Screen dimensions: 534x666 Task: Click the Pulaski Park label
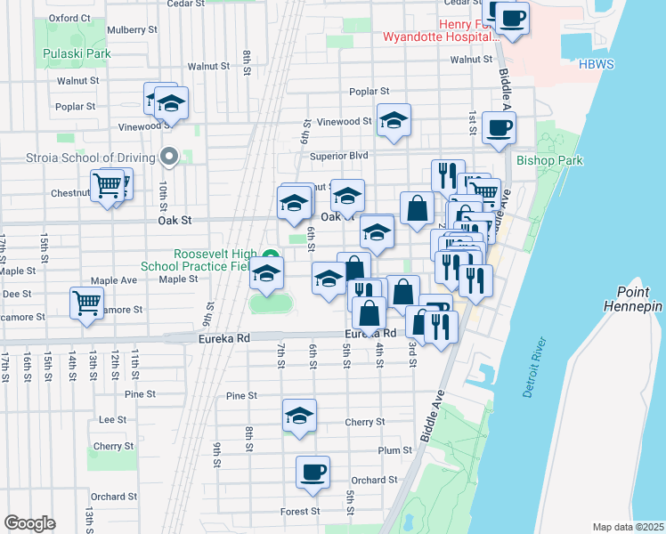[x=77, y=53]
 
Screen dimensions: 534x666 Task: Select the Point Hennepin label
[x=639, y=299]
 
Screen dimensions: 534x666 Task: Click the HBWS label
[x=597, y=65]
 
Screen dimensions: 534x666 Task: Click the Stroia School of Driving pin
[x=169, y=158]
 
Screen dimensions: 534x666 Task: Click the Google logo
[x=29, y=523]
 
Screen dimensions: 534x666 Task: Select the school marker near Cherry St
[x=299, y=416]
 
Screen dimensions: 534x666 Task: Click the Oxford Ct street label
[x=70, y=17]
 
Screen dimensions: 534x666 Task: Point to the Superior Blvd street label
[x=339, y=155]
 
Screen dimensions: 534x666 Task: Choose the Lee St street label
[x=113, y=419]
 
